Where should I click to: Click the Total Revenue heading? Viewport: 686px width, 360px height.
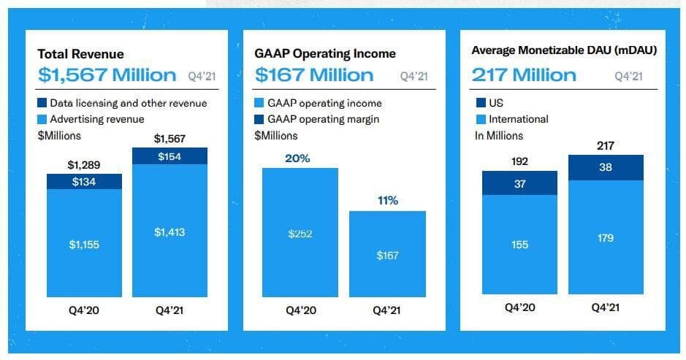coord(80,54)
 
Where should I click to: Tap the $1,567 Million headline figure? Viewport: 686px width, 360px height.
coord(107,75)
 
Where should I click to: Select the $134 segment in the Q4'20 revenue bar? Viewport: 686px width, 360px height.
coord(84,182)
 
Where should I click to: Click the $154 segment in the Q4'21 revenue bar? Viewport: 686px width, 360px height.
coord(169,156)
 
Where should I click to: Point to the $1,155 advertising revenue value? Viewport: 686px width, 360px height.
coord(84,245)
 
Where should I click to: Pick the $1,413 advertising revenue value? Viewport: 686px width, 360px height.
coord(169,232)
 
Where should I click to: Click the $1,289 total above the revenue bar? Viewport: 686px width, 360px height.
coord(83,164)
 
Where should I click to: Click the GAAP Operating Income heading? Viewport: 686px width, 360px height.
coord(325,53)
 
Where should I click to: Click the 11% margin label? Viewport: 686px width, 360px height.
coord(388,200)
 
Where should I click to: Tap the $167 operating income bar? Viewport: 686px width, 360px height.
coord(387,254)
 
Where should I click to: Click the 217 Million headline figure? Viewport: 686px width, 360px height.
coord(524,75)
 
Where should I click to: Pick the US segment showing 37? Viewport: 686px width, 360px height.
coord(519,184)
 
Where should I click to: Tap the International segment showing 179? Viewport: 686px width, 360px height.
coord(606,238)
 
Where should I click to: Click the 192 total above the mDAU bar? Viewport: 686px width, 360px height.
coord(519,161)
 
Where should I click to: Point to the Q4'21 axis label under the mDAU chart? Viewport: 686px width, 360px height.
coord(606,307)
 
